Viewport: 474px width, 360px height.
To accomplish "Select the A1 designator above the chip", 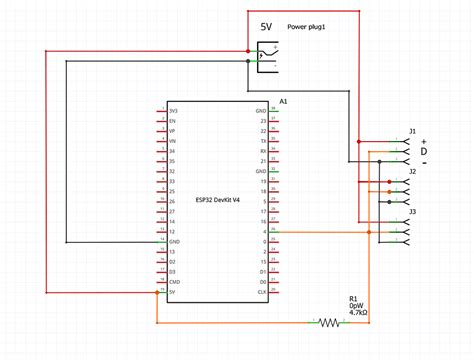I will (283, 102).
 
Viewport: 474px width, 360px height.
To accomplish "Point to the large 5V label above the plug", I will (267, 28).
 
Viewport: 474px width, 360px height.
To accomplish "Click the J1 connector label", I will (412, 131).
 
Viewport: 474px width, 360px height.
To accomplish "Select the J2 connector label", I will (412, 172).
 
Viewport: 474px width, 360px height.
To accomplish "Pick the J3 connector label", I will (412, 212).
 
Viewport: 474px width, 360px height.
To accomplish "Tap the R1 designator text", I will (353, 298).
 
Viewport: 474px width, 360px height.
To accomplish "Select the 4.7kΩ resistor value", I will (357, 313).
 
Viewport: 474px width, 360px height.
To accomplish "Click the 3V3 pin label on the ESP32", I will (174, 110).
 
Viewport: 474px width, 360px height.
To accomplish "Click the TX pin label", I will (262, 140).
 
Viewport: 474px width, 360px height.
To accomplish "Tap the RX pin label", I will (262, 151).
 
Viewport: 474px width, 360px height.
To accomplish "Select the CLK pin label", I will (261, 291).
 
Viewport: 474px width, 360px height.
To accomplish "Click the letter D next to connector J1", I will (423, 151).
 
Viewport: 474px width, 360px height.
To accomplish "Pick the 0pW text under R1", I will (355, 306).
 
